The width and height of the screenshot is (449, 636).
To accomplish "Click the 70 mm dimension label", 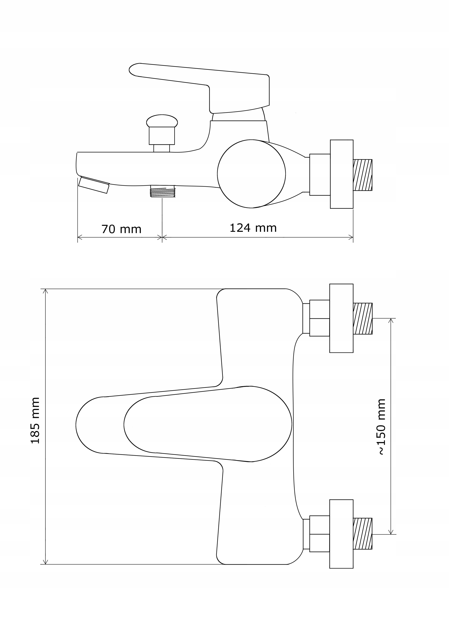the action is point(121,229).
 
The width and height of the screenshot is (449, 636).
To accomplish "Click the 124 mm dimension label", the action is point(253,228).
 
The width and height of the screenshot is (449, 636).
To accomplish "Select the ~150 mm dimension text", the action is point(381,427).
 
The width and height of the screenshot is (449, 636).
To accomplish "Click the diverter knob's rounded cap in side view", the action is point(162,121).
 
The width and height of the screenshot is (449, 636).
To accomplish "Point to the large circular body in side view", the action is point(251,174).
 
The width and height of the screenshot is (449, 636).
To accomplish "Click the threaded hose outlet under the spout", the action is point(162,191).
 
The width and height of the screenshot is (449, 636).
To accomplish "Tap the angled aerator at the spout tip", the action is point(94,185).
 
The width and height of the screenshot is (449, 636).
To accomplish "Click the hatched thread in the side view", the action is point(363,175).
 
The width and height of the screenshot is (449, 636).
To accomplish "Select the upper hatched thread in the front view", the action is point(363,318).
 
